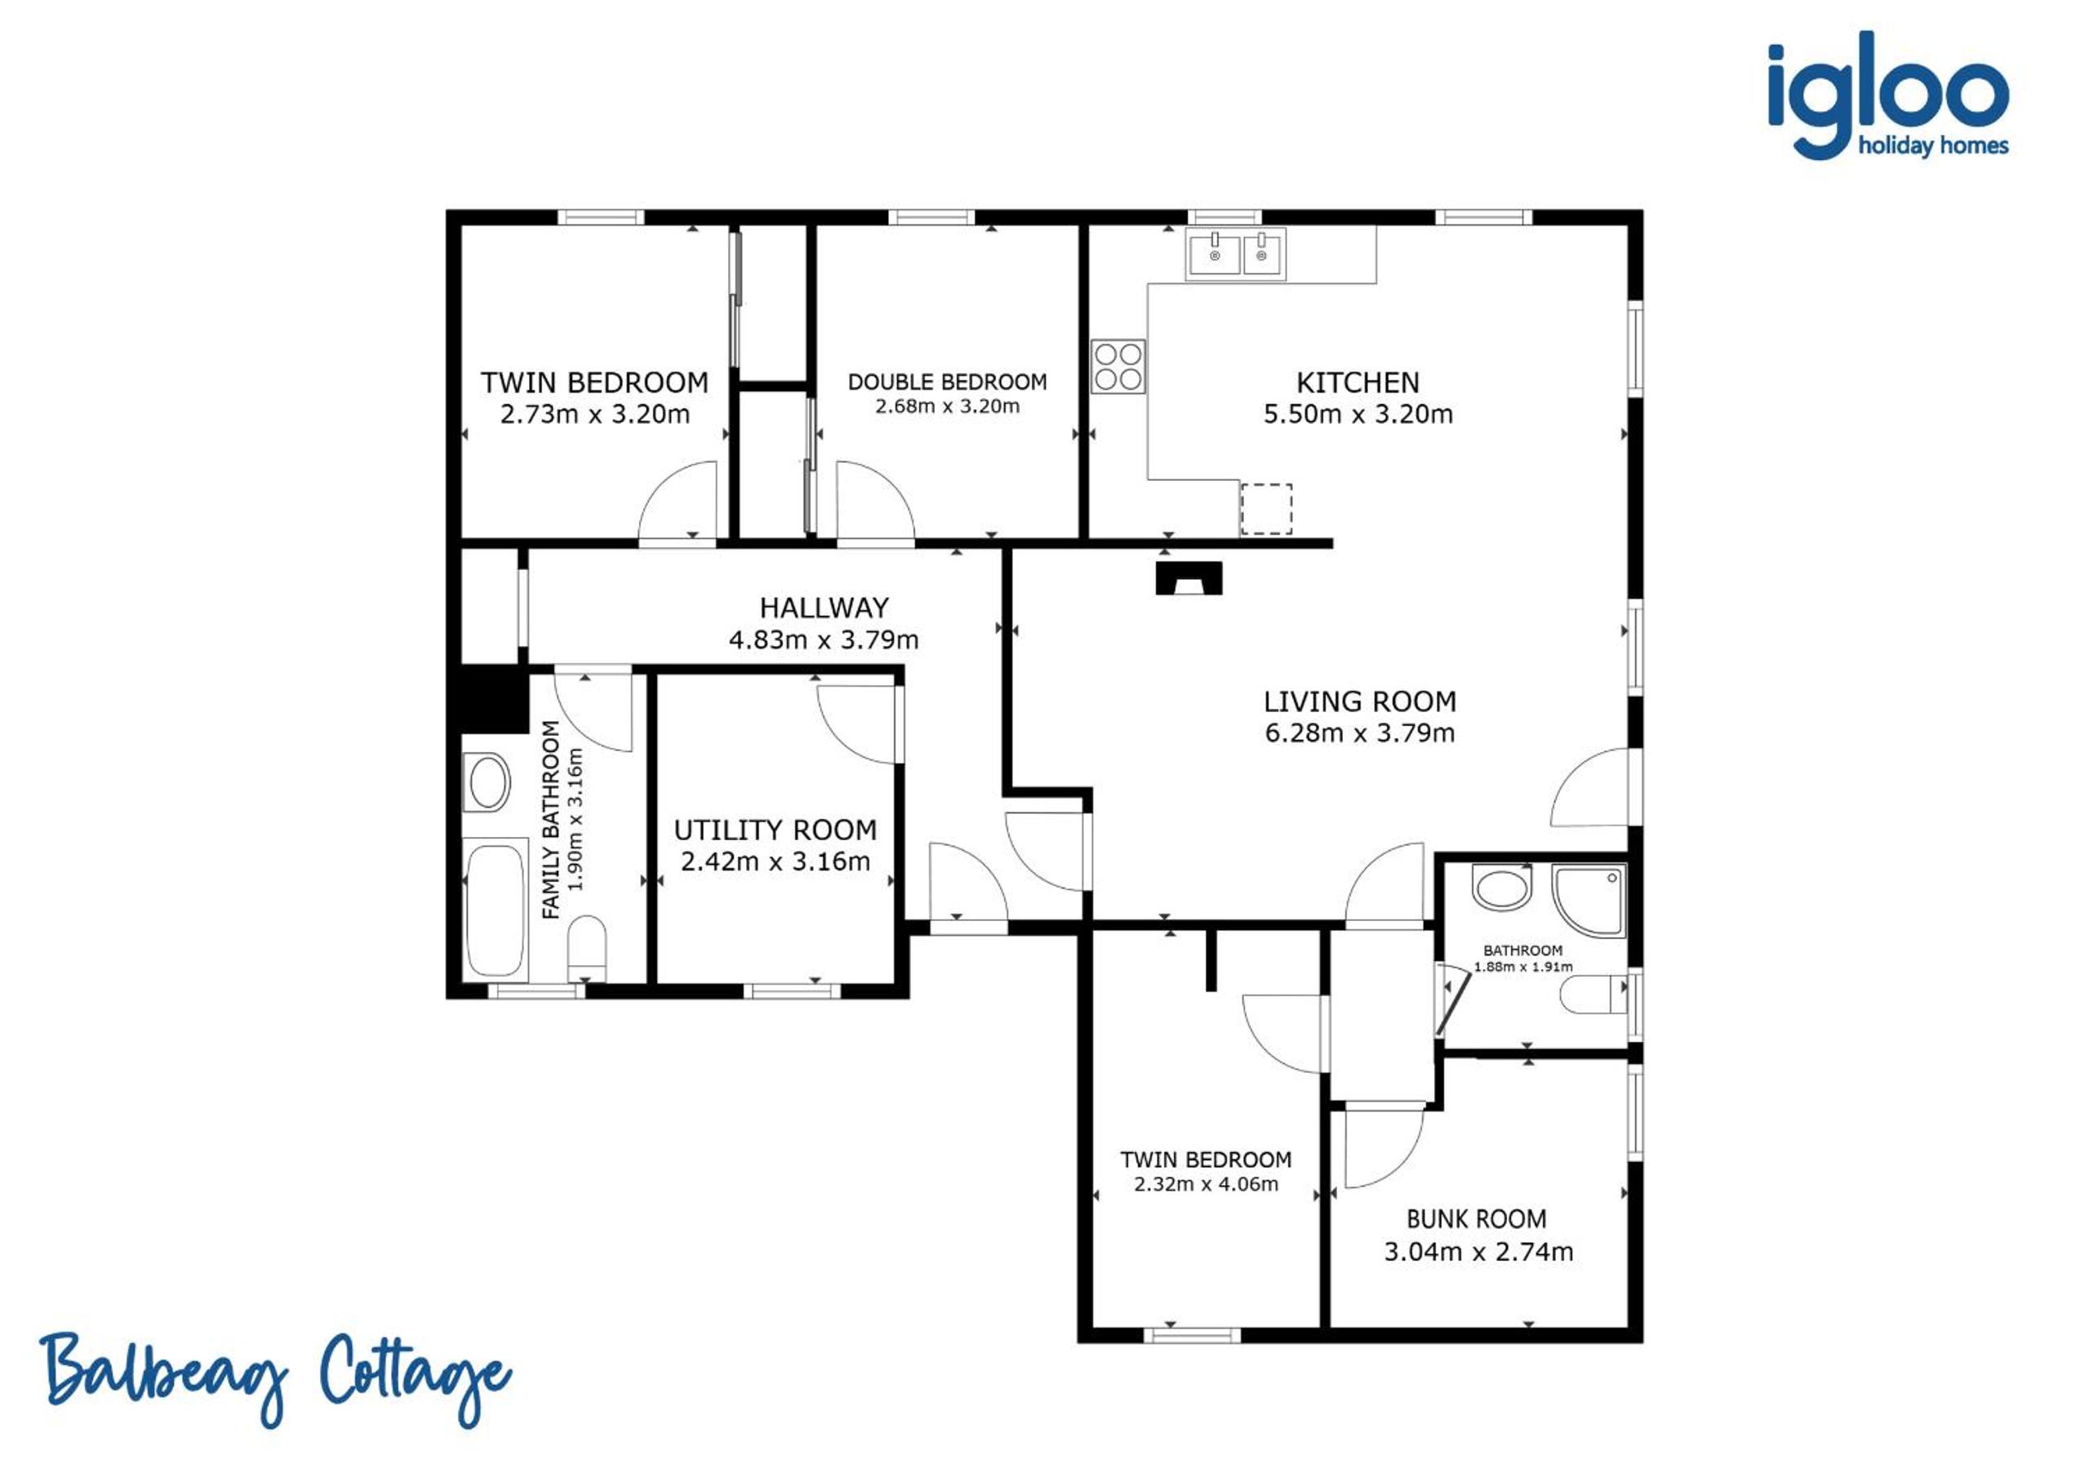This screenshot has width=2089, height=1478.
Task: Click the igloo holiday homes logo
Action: coord(1887,95)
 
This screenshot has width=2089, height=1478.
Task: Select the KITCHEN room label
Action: coord(1358,382)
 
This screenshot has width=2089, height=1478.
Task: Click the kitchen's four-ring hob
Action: coord(1118,366)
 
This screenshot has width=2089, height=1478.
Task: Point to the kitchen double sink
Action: coord(1236,253)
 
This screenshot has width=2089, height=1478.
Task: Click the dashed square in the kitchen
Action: coord(1266,509)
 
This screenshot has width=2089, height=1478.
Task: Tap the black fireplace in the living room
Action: coord(1189,579)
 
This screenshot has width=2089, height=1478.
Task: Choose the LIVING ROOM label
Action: coord(1359,701)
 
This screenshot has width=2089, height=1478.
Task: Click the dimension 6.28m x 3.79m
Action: coord(1359,732)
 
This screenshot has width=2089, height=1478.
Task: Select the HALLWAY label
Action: coord(824,608)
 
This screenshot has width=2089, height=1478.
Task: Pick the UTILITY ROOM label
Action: coord(776,830)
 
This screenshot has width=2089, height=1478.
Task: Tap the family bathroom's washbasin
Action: coord(487,781)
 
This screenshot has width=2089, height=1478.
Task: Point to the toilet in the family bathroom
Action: coord(587,947)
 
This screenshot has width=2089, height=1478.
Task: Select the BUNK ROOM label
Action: coord(1476,1219)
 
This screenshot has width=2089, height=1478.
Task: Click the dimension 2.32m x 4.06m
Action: coord(1206,1185)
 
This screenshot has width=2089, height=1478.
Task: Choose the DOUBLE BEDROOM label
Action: coord(947,382)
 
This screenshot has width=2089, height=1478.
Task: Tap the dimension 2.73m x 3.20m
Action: coord(594,414)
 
